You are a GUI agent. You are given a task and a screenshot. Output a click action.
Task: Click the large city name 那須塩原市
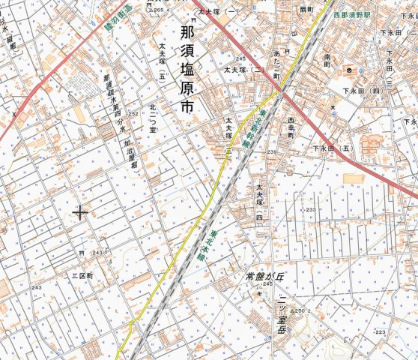187,70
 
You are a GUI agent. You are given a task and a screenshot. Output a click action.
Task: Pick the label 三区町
81,276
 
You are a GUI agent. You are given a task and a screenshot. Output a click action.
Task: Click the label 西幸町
291,129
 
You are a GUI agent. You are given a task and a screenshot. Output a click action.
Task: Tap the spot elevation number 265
158,10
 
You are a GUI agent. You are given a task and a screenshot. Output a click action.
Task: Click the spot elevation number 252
133,113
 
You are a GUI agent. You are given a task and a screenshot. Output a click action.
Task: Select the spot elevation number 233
311,209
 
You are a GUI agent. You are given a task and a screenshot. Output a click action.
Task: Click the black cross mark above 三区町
80,213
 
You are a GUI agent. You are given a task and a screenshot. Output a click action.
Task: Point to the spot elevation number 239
271,152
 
